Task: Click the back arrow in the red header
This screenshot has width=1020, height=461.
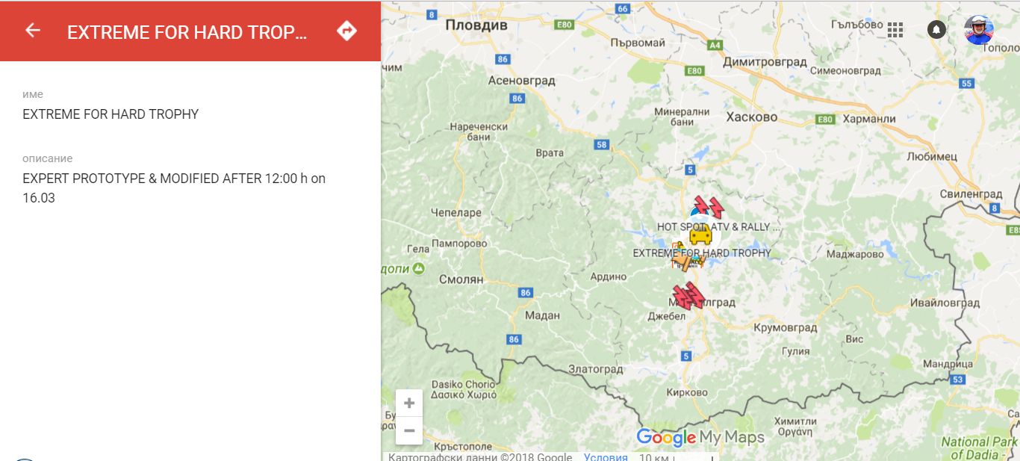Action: [32, 30]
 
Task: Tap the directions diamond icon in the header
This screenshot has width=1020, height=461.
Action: [346, 31]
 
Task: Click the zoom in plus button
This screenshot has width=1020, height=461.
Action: [409, 403]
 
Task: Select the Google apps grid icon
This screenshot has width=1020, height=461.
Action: [895, 30]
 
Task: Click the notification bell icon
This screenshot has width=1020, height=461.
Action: [936, 29]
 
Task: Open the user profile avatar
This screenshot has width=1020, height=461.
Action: [978, 30]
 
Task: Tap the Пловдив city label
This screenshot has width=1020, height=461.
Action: [476, 25]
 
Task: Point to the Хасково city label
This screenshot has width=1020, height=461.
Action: [751, 117]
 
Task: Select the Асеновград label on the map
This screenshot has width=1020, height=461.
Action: [521, 81]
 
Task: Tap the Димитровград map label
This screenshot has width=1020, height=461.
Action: [765, 62]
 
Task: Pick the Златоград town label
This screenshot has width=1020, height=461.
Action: [595, 369]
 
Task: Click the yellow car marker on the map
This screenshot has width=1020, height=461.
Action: [700, 236]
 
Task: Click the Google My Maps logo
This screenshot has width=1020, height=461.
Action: [700, 438]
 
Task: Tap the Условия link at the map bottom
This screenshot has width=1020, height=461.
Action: [606, 457]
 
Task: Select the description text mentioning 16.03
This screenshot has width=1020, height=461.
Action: [174, 188]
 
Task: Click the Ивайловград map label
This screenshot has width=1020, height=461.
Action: [945, 303]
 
